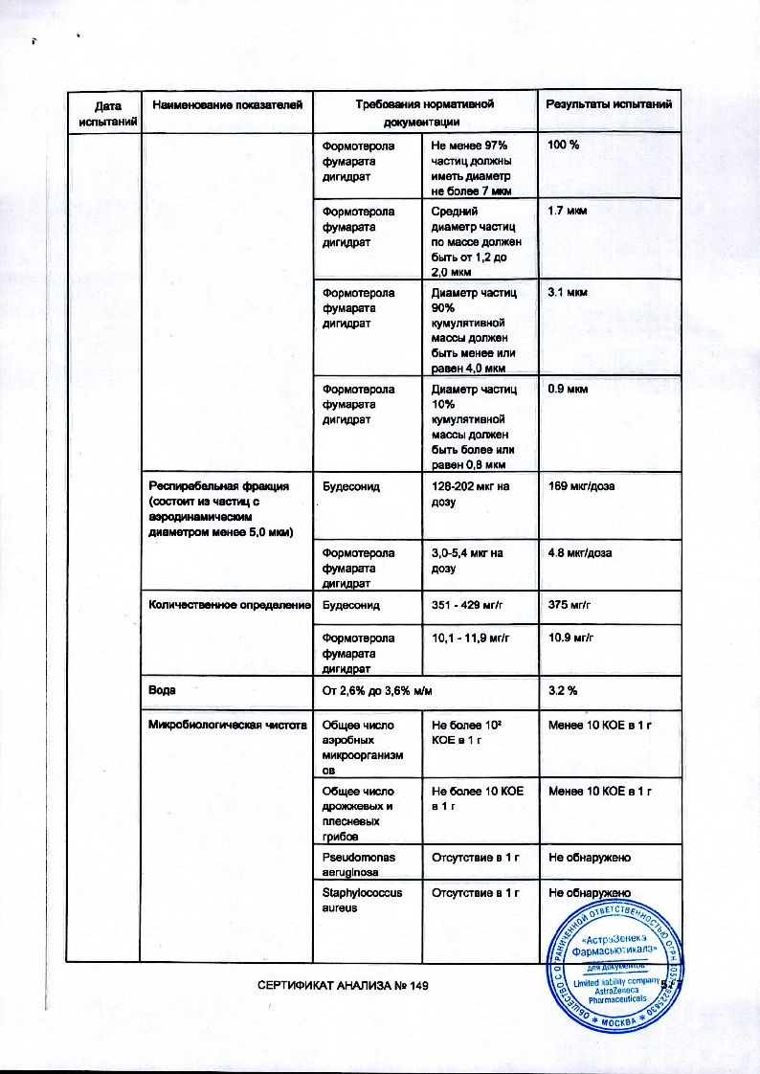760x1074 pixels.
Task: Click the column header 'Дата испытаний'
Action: [x=103, y=113]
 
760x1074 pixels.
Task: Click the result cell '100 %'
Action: [x=565, y=145]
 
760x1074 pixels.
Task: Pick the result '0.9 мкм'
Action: [x=568, y=390]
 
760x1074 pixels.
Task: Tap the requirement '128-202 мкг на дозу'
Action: [x=469, y=494]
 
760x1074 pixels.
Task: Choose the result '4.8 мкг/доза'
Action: [x=580, y=552]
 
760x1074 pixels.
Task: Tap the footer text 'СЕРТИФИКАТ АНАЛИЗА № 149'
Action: [x=341, y=986]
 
